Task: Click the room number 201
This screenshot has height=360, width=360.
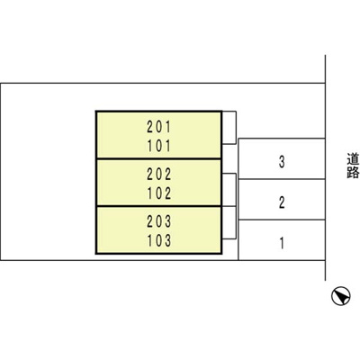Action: click(x=158, y=127)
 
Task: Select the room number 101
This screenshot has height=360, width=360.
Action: click(x=158, y=146)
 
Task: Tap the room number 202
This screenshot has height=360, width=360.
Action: click(x=158, y=175)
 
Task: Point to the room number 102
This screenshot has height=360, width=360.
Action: click(x=158, y=193)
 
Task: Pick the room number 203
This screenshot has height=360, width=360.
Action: click(x=158, y=221)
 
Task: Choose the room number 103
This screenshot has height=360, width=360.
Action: click(x=158, y=240)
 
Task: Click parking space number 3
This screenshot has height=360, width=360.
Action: click(x=282, y=162)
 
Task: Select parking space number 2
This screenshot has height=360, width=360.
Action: click(x=282, y=202)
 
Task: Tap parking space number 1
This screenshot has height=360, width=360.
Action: click(x=282, y=243)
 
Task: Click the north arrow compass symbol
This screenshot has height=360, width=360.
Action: click(x=341, y=296)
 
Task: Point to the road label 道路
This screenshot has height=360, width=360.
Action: click(x=353, y=166)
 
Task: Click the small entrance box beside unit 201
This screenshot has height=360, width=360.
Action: click(x=229, y=128)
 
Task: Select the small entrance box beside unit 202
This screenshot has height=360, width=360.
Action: click(x=229, y=190)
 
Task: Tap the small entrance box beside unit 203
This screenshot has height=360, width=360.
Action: click(x=229, y=223)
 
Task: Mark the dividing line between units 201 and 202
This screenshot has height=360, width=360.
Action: click(x=158, y=158)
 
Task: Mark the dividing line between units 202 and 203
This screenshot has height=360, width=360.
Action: click(x=158, y=206)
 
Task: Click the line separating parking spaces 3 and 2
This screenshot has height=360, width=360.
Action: click(x=282, y=179)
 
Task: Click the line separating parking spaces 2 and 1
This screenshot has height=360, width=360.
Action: click(x=282, y=220)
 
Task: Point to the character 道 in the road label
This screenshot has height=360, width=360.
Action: click(x=353, y=159)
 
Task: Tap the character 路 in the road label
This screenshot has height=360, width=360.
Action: click(x=353, y=173)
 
